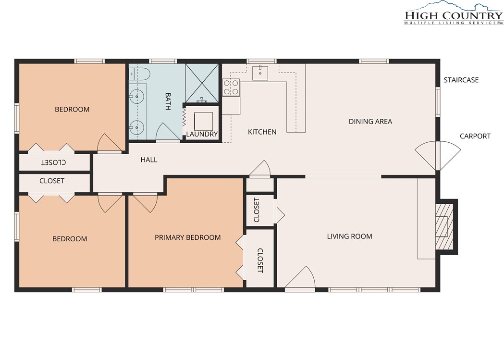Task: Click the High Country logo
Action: (x=454, y=13)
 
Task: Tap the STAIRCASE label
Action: (x=461, y=80)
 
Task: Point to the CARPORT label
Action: (x=475, y=137)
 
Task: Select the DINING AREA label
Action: (x=370, y=122)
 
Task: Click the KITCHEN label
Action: (x=262, y=132)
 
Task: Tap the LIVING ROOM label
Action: (x=349, y=236)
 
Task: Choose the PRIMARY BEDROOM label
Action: (x=188, y=237)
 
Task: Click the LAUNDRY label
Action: (x=202, y=134)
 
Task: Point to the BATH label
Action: (x=168, y=101)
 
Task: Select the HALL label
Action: (x=149, y=160)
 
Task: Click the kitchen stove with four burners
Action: (x=231, y=87)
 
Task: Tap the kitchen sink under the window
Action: (x=260, y=73)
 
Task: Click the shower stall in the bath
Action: (x=202, y=83)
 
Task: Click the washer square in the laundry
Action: (x=203, y=121)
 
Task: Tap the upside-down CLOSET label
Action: (x=54, y=162)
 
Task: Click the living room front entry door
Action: (x=300, y=279)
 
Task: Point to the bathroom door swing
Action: (x=168, y=133)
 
